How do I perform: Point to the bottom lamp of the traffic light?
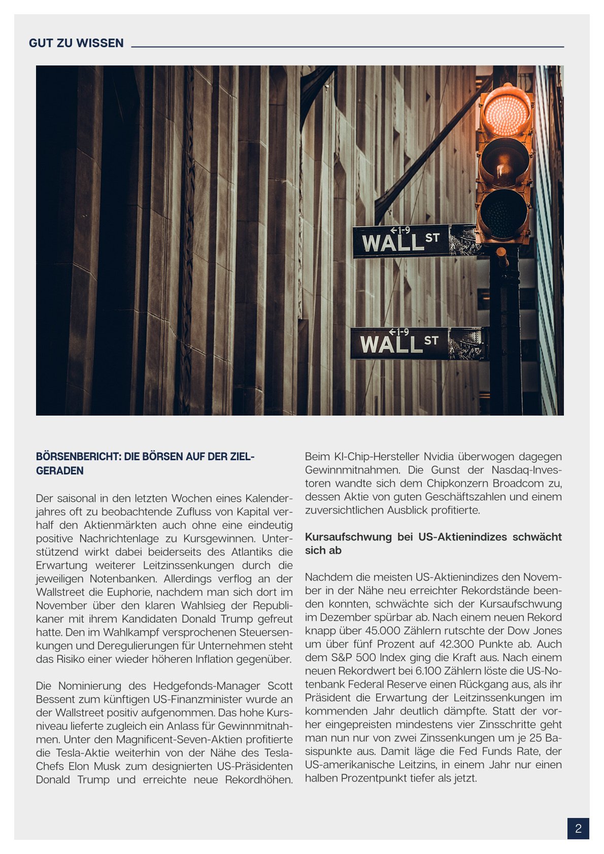[x=504, y=213]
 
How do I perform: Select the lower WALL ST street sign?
[x=400, y=344]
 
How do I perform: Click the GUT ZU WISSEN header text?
[x=76, y=43]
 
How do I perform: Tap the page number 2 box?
[x=578, y=829]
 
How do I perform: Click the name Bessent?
[x=55, y=699]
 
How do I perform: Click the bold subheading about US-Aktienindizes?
[x=433, y=543]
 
